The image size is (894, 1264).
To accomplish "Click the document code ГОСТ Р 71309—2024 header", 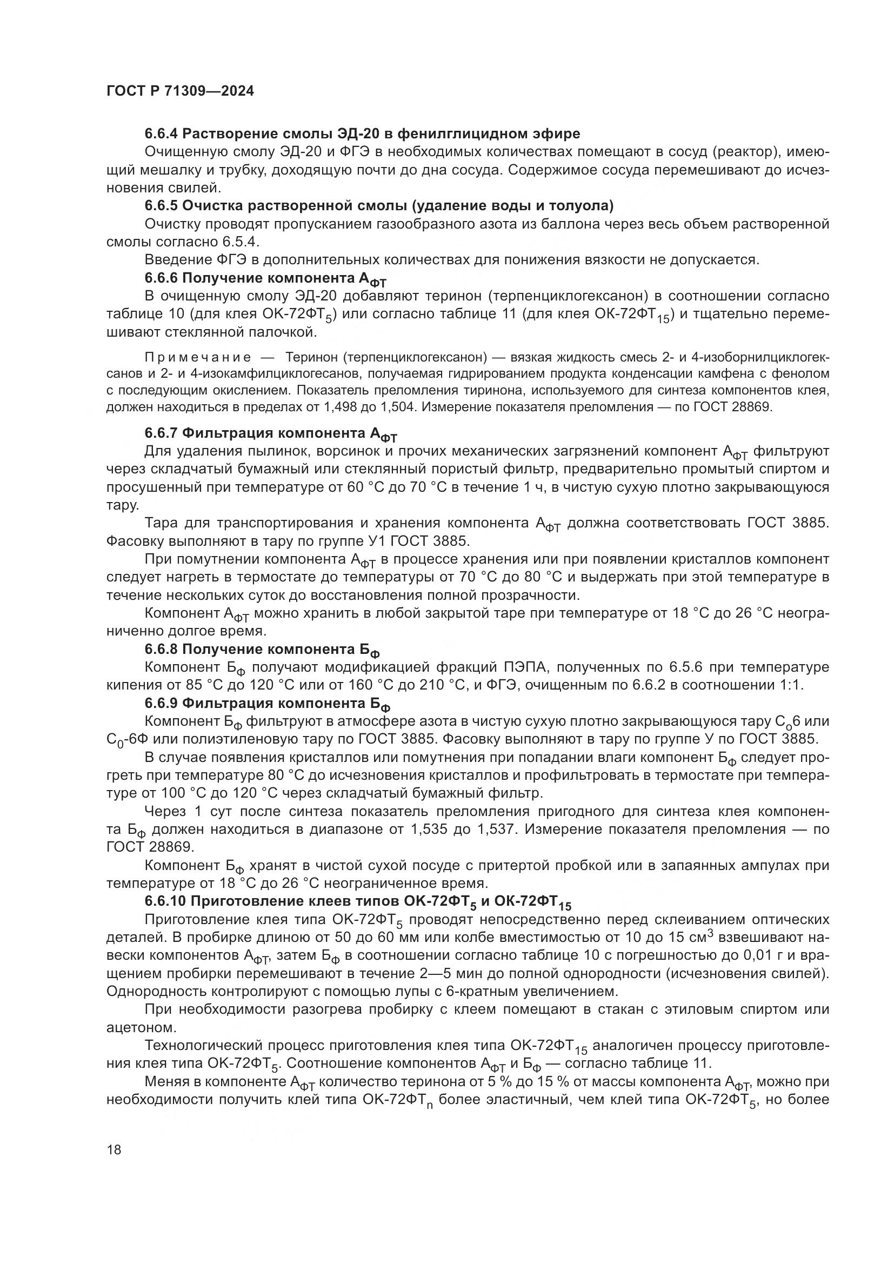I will click(180, 91).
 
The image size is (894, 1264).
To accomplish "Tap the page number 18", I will click(114, 1149).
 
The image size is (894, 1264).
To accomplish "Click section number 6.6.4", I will click(161, 134).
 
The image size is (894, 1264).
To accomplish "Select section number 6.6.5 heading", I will click(161, 206).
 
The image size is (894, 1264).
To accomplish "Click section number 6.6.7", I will click(161, 433).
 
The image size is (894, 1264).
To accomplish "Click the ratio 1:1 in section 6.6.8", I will click(792, 685).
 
